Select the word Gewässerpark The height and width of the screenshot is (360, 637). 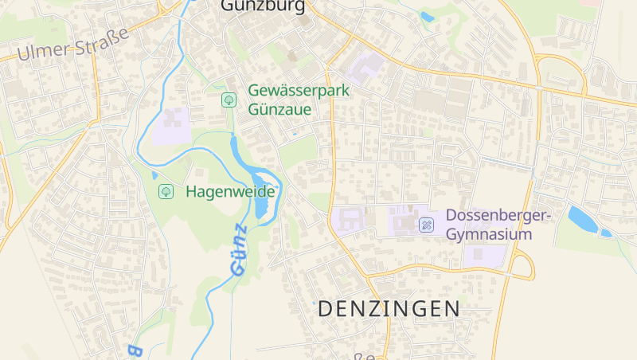[x=299, y=91]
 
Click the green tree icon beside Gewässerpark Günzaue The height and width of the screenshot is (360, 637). [x=229, y=100]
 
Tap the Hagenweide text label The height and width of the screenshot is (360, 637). [x=230, y=192]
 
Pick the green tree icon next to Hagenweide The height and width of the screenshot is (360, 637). [x=166, y=191]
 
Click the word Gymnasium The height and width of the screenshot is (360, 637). [x=488, y=235]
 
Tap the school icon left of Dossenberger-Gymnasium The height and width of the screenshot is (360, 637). [x=427, y=225]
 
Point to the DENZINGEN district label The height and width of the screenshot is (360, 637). [x=389, y=309]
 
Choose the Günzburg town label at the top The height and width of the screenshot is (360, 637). [x=263, y=6]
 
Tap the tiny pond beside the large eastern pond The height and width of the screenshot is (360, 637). [x=607, y=233]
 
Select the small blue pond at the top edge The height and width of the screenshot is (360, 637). [x=428, y=16]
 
